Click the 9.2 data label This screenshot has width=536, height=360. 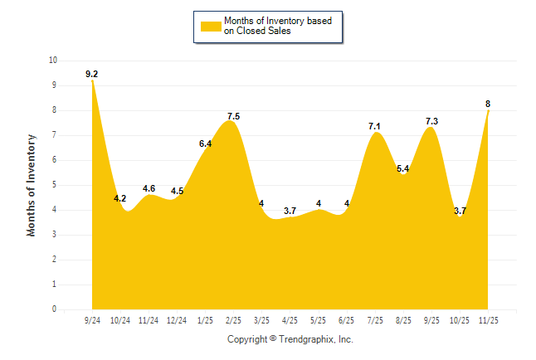(x=91, y=75)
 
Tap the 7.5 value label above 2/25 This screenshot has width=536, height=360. (x=233, y=116)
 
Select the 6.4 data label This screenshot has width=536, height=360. (x=205, y=144)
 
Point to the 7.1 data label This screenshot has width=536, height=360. (x=375, y=126)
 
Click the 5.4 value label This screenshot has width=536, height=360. (x=404, y=169)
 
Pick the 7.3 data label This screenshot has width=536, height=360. (x=431, y=121)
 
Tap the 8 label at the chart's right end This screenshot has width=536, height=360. (x=488, y=104)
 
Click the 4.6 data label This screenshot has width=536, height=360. (x=149, y=188)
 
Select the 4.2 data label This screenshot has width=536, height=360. (x=119, y=198)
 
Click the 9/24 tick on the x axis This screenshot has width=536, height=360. (x=91, y=320)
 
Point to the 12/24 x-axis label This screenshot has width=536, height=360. (x=177, y=320)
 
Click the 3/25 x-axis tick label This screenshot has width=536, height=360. (x=261, y=320)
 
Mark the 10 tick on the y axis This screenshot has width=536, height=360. (x=53, y=61)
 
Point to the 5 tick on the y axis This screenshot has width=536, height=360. (x=55, y=185)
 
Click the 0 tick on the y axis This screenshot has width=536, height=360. (x=55, y=309)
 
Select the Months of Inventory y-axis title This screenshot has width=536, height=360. (x=32, y=185)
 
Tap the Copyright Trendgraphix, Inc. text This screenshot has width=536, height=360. (x=290, y=339)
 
